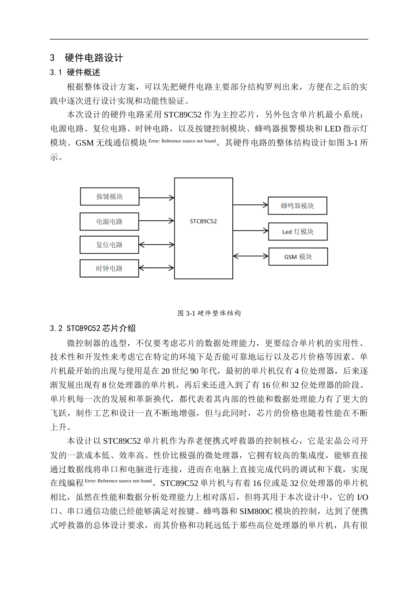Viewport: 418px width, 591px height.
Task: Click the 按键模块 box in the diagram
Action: (110, 197)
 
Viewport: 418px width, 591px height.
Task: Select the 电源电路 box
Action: (110, 222)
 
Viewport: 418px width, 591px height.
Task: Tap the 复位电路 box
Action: (110, 244)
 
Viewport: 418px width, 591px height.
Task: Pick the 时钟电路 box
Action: (110, 268)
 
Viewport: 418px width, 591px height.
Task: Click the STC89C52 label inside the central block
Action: (203, 221)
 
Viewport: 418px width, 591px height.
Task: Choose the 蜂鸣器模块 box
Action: (297, 206)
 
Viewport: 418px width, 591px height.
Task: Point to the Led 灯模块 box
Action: (297, 232)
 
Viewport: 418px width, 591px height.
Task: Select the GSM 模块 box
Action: (298, 257)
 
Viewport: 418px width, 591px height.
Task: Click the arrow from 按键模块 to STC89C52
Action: (157, 198)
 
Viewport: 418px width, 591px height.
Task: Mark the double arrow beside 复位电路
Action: (157, 244)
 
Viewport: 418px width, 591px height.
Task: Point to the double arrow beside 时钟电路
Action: (157, 267)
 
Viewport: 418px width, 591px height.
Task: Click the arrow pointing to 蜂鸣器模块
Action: (250, 204)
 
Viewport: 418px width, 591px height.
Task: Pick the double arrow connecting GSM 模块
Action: (250, 255)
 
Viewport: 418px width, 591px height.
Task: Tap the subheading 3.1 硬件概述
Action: (75, 72)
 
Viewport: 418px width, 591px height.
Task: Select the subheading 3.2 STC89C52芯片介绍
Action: (93, 328)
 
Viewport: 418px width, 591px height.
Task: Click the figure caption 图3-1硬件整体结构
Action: (209, 313)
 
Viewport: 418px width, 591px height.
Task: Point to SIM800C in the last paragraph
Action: (256, 511)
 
